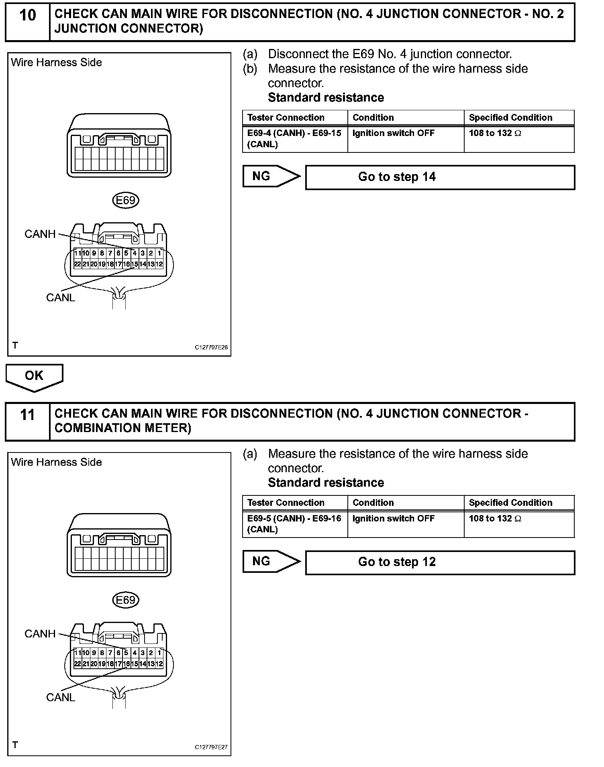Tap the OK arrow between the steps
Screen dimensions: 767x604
click(34, 377)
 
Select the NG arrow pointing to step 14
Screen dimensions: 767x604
click(271, 177)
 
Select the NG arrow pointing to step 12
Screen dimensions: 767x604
click(271, 562)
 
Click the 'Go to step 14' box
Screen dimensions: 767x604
click(440, 177)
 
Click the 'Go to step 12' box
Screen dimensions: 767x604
click(440, 562)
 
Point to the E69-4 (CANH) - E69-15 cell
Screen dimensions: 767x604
click(295, 139)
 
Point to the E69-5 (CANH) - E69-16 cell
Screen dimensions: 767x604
click(295, 524)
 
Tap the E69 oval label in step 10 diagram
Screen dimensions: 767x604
click(125, 200)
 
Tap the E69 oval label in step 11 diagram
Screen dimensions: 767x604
click(125, 600)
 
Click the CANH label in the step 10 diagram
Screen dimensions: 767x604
click(40, 234)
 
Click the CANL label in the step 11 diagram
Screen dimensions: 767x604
click(61, 698)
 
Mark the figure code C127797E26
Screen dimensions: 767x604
click(211, 347)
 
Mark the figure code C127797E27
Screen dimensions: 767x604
click(211, 747)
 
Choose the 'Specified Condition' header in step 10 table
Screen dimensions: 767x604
click(510, 118)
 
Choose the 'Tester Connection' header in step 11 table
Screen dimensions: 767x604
click(286, 503)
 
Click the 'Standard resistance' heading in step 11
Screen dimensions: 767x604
click(326, 483)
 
